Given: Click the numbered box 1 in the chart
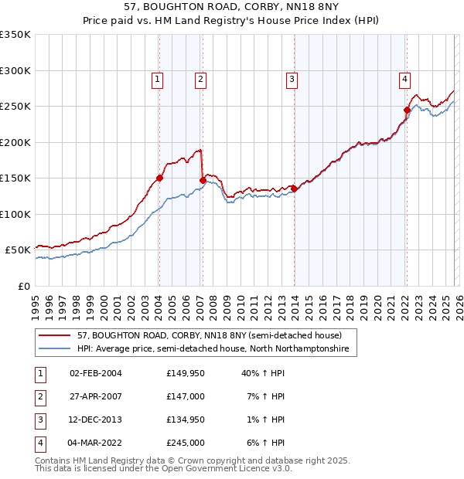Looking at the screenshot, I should coord(157,78).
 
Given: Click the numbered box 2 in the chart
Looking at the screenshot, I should coord(200,78).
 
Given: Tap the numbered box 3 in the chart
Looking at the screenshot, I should coord(292,78).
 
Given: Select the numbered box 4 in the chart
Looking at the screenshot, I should coord(404,78).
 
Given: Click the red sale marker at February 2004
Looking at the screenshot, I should coord(159,178).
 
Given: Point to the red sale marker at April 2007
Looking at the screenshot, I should coord(203,180).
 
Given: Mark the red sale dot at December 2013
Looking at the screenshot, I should coord(295,189).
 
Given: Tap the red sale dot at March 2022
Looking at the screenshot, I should coord(407,110).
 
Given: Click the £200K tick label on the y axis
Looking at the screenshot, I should coord(15,142).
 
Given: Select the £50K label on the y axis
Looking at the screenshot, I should coord(18,250).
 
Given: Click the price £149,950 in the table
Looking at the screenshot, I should coord(186,373).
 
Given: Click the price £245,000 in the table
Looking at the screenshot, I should coord(186,443).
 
